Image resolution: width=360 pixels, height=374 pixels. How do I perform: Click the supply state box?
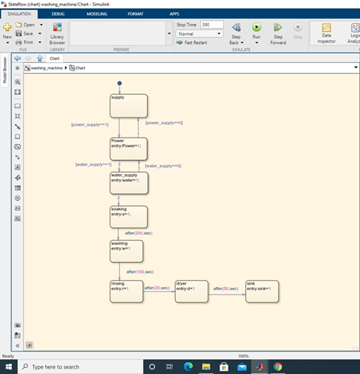(x=128, y=107)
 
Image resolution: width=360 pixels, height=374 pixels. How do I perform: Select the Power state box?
(x=128, y=149)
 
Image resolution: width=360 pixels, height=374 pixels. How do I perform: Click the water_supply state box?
(x=128, y=183)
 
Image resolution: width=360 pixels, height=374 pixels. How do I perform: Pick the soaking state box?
(x=128, y=216)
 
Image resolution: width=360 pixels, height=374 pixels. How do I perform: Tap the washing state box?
(x=127, y=251)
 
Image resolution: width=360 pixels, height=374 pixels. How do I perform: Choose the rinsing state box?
(x=125, y=293)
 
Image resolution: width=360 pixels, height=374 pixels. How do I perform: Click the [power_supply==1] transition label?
(x=89, y=124)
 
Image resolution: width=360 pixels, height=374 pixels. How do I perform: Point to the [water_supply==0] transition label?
(x=163, y=166)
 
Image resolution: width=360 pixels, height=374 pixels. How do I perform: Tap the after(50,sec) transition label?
(x=226, y=288)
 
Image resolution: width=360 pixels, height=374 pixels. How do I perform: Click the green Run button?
(x=257, y=29)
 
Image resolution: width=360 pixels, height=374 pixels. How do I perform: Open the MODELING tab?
(x=97, y=14)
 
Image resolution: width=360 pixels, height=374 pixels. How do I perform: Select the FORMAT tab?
(x=135, y=14)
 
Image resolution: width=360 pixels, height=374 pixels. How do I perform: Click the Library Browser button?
(x=57, y=33)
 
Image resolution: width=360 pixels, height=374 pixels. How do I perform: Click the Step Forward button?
(x=278, y=33)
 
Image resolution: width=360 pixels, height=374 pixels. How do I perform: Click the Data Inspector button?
(x=327, y=33)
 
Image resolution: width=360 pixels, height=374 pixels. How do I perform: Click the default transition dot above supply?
(x=120, y=82)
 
